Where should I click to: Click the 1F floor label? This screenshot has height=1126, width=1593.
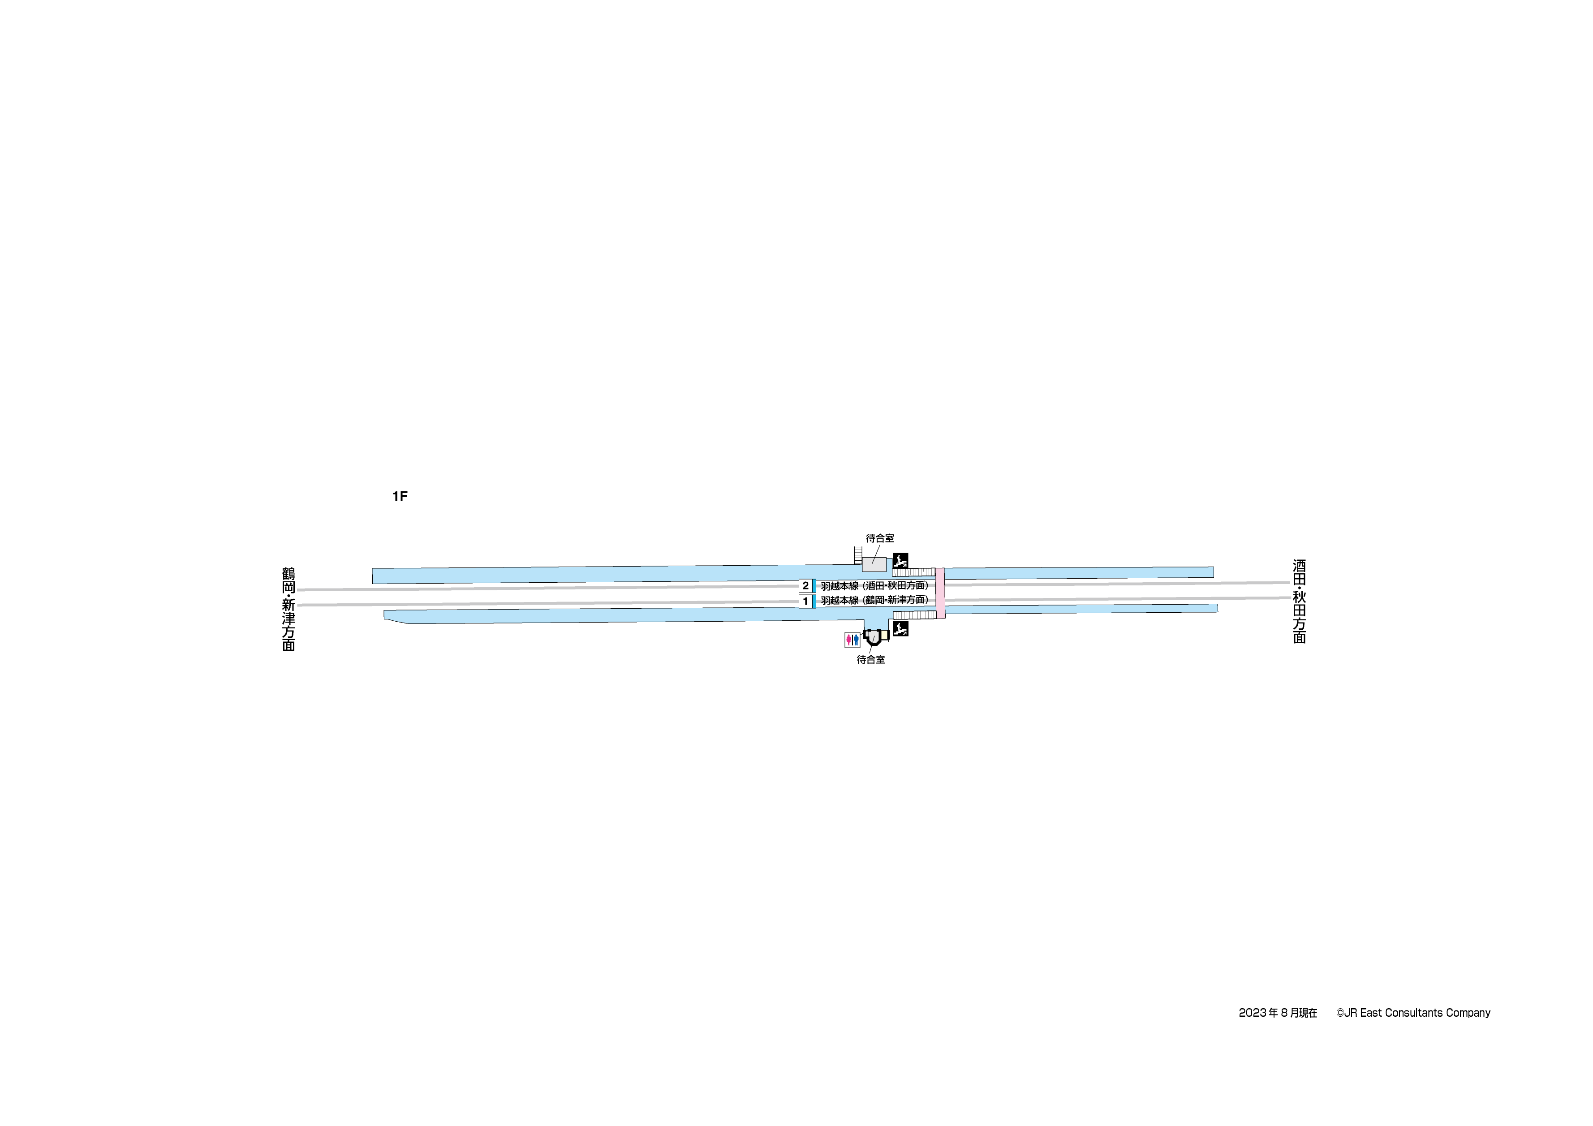point(400,496)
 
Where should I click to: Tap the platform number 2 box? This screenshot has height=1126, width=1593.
point(805,585)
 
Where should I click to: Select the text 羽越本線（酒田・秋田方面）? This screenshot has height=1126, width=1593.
point(874,585)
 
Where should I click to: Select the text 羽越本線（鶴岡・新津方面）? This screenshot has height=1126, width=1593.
point(874,600)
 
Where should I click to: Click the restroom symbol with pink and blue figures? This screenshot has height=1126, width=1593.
point(852,640)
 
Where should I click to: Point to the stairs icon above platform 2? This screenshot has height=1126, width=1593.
point(900,560)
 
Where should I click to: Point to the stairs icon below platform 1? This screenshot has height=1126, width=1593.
point(900,630)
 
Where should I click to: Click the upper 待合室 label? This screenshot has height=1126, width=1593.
point(880,538)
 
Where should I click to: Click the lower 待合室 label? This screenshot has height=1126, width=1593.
point(871,660)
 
